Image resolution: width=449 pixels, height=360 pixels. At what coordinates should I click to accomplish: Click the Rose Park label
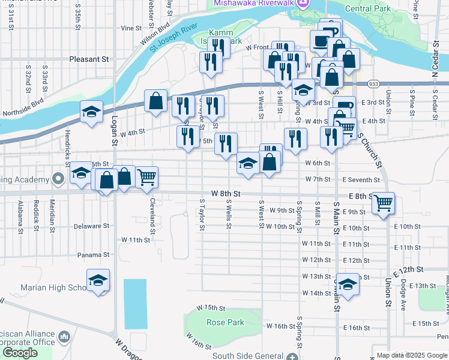tap(225, 322)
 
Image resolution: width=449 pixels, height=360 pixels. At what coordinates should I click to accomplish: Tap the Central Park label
tap(367, 8)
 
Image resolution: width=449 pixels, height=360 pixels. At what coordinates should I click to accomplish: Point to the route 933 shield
tap(373, 85)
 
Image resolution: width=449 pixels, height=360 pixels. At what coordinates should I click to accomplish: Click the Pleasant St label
tap(88, 59)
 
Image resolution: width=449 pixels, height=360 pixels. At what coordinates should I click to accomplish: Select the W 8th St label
tap(226, 194)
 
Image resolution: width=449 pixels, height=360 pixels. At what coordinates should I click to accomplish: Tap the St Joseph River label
tap(173, 37)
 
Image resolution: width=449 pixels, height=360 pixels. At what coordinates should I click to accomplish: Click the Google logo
tap(20, 353)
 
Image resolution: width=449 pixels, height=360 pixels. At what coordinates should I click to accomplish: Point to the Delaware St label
tap(92, 226)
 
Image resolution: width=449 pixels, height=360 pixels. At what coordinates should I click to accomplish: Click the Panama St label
tap(94, 254)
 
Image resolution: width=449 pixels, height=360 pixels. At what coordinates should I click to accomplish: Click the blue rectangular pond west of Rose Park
tap(135, 303)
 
